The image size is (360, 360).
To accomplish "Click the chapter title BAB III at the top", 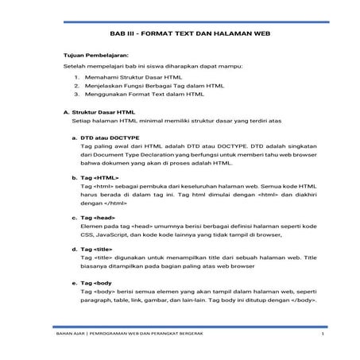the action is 179,36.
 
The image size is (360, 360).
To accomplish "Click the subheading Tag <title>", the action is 97,248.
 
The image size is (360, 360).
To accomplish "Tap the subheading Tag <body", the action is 97,281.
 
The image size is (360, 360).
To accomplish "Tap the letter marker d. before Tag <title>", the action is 74,248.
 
